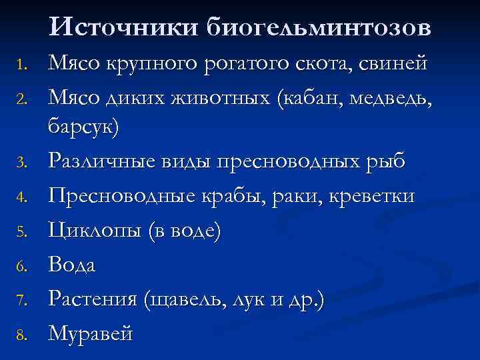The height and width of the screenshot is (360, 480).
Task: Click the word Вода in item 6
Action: click(x=73, y=265)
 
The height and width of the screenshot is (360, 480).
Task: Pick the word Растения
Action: click(x=93, y=299)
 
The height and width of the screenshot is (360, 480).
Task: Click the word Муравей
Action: click(x=91, y=333)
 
